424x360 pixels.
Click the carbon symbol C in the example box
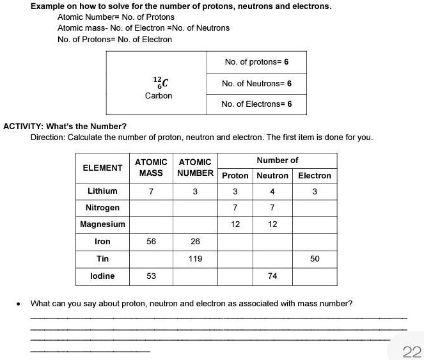pyautogui.click(x=164, y=82)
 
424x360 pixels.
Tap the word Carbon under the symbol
pyautogui.click(x=159, y=96)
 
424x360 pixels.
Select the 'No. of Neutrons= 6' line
pyautogui.click(x=256, y=84)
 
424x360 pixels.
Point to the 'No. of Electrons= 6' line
pyautogui.click(x=256, y=104)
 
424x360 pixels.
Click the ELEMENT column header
pyautogui.click(x=102, y=168)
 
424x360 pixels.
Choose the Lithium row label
pyautogui.click(x=102, y=191)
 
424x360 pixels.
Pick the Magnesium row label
pyautogui.click(x=102, y=224)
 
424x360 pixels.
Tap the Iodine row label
pyautogui.click(x=102, y=276)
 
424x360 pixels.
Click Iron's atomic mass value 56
pyautogui.click(x=151, y=242)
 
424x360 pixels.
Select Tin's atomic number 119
pyautogui.click(x=195, y=259)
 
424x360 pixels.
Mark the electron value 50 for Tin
pyautogui.click(x=315, y=259)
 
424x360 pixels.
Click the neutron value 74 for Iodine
pyautogui.click(x=272, y=276)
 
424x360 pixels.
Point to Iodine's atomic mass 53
pyautogui.click(x=151, y=276)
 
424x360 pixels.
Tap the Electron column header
pyautogui.click(x=315, y=175)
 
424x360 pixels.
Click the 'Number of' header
pyautogui.click(x=278, y=160)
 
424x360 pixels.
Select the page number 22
pyautogui.click(x=412, y=351)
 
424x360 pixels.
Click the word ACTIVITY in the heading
pyautogui.click(x=23, y=126)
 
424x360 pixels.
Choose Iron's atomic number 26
pyautogui.click(x=195, y=242)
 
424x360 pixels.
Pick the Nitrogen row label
pyautogui.click(x=102, y=208)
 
